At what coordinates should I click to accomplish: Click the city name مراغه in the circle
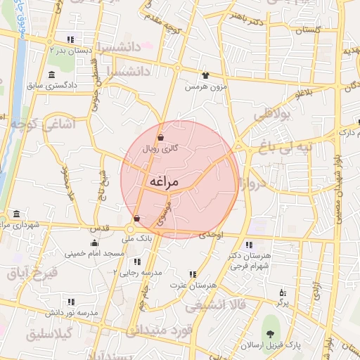coord(164,182)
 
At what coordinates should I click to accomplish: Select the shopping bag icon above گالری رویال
coord(161,138)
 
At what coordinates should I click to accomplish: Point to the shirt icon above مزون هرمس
coord(205,75)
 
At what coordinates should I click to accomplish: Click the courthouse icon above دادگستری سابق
coord(51,75)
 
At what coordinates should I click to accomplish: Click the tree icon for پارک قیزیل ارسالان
coord(269,332)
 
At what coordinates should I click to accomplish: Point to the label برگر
coord(282,302)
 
